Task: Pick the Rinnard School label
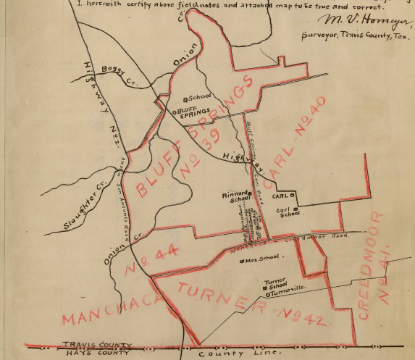click(x=237, y=197)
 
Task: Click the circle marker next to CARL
click(x=293, y=196)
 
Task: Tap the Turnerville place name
click(x=285, y=293)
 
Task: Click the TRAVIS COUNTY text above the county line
click(x=98, y=344)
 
